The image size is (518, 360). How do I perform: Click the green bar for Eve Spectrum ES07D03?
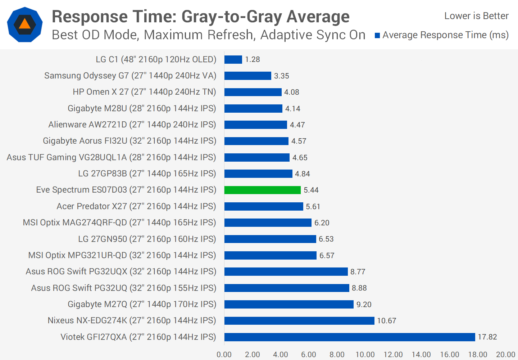[262, 190]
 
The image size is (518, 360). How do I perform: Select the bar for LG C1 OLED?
[233, 59]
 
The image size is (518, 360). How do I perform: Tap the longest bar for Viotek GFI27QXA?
[350, 337]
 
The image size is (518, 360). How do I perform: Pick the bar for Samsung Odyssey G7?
[247, 76]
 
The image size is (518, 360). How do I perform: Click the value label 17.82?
[487, 337]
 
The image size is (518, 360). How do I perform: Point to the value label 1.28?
[253, 59]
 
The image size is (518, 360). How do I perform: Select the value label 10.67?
[386, 321]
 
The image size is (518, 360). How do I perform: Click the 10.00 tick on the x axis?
[365, 355]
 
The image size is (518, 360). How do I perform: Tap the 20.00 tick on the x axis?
[505, 355]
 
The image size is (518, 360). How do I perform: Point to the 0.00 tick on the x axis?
[224, 355]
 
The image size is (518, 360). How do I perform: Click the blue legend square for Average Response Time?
[377, 35]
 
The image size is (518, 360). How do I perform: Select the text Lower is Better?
[476, 16]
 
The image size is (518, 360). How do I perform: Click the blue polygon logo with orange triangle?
[25, 24]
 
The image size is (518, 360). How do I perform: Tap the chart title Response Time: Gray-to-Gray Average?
[200, 17]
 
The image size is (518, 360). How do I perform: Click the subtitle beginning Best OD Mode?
[208, 35]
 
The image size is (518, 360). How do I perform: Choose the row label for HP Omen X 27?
[144, 92]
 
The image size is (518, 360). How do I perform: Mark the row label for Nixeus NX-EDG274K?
[132, 320]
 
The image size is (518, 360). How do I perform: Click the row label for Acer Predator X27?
[136, 206]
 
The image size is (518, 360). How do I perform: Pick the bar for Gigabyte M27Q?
[289, 305]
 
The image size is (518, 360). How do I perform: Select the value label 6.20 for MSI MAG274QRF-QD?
[322, 223]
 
